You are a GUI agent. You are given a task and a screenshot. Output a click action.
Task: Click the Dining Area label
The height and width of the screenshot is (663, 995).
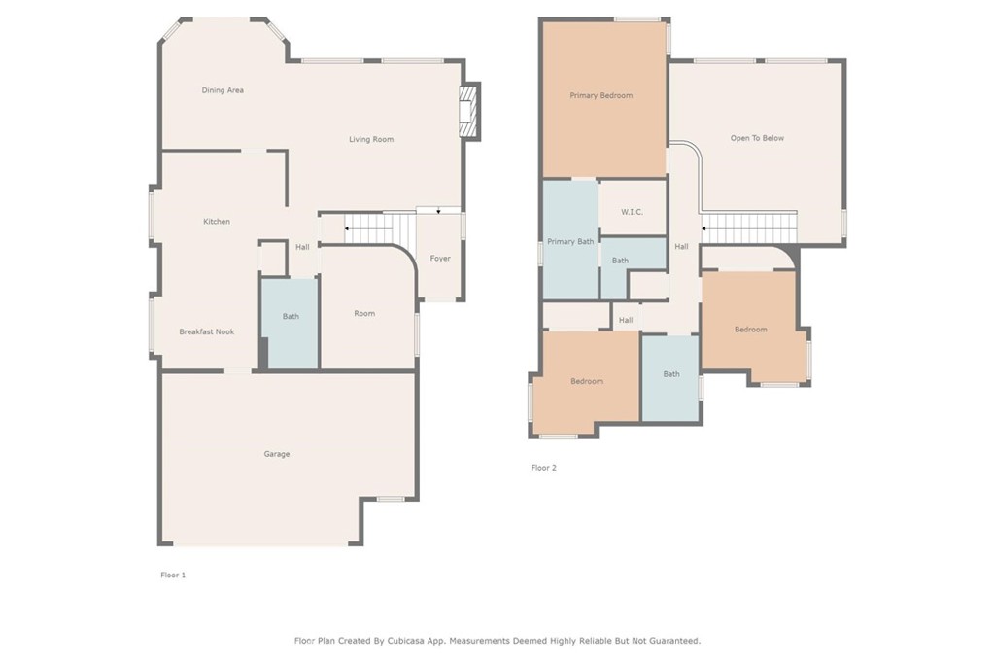[x=223, y=90]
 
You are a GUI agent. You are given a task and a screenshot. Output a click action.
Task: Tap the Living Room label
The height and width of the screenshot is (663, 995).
[x=371, y=139]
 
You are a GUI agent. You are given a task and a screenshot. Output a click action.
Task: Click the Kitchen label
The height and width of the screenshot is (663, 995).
[x=217, y=221]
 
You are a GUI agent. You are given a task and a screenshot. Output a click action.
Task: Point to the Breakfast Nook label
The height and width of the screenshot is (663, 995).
[x=206, y=331]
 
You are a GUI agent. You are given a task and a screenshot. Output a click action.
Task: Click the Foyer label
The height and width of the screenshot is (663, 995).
[x=440, y=258]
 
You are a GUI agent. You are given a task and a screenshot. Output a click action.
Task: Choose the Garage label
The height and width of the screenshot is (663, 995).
[x=277, y=453]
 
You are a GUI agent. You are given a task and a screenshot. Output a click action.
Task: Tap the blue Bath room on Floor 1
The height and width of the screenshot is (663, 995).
[x=290, y=323]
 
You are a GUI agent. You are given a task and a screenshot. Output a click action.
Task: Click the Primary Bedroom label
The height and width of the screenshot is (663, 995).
[x=600, y=95]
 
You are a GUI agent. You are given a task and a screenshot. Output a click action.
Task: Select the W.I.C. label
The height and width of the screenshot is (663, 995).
[x=632, y=212]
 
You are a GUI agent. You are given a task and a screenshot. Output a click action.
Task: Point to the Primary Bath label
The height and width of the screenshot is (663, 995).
[x=570, y=241]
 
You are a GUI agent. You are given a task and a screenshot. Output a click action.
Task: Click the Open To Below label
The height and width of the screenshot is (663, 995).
[x=757, y=138]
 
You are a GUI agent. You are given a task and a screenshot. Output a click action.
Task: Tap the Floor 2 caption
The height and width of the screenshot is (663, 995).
[x=544, y=468]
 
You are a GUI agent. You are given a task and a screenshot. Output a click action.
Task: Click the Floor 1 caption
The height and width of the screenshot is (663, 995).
[x=173, y=575]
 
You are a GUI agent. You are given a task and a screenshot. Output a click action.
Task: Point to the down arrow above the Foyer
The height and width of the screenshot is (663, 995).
[x=438, y=210]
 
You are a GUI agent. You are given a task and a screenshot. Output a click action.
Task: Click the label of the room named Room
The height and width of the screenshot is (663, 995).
[x=364, y=313]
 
